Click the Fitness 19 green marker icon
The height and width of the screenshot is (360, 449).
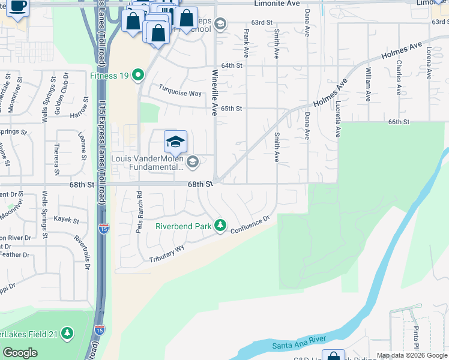point(139,76)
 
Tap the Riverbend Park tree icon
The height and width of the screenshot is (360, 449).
point(221,226)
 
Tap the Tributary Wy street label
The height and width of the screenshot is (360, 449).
point(167,254)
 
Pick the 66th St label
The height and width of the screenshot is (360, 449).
point(398,122)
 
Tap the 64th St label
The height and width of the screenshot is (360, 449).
point(231,65)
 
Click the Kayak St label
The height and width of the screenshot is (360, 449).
point(67,220)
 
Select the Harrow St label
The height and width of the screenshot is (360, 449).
point(79,115)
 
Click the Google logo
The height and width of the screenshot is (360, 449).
point(20,353)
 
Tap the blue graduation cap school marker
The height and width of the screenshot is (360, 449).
point(175,142)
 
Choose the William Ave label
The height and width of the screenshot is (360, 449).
point(368,84)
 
